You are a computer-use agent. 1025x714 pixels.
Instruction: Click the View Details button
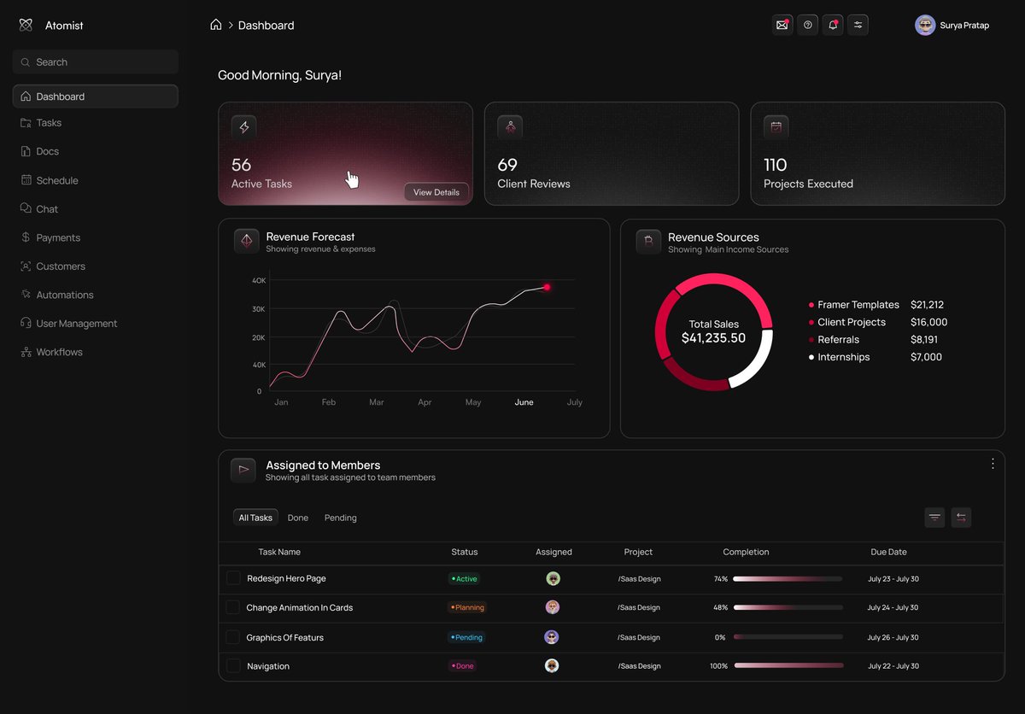point(436,192)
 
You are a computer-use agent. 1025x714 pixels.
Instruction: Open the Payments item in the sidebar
point(58,237)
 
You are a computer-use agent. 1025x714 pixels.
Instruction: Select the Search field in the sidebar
point(96,62)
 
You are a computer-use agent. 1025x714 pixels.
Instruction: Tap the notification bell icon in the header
point(833,26)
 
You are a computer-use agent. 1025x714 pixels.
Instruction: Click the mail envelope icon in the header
point(782,26)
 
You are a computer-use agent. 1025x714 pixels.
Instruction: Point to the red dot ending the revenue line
point(547,287)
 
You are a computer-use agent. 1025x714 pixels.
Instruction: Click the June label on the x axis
point(524,402)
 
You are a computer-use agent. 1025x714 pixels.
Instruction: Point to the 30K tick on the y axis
point(258,309)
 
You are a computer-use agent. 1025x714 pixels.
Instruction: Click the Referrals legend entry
point(838,340)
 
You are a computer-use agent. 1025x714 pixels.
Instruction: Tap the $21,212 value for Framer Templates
point(927,305)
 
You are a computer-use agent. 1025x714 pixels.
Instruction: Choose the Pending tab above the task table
point(340,518)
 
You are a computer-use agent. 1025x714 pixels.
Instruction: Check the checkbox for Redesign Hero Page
point(233,578)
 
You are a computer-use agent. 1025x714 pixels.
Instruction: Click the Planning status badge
point(467,608)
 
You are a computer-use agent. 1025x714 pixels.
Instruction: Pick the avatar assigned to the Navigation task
point(553,666)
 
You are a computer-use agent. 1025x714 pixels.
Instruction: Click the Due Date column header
point(888,553)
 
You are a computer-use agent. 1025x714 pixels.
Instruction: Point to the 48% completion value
point(720,608)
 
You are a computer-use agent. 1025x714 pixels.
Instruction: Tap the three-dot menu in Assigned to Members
point(993,464)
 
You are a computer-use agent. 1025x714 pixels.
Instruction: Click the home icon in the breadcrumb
point(216,25)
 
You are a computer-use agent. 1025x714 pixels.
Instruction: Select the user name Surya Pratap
point(964,26)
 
